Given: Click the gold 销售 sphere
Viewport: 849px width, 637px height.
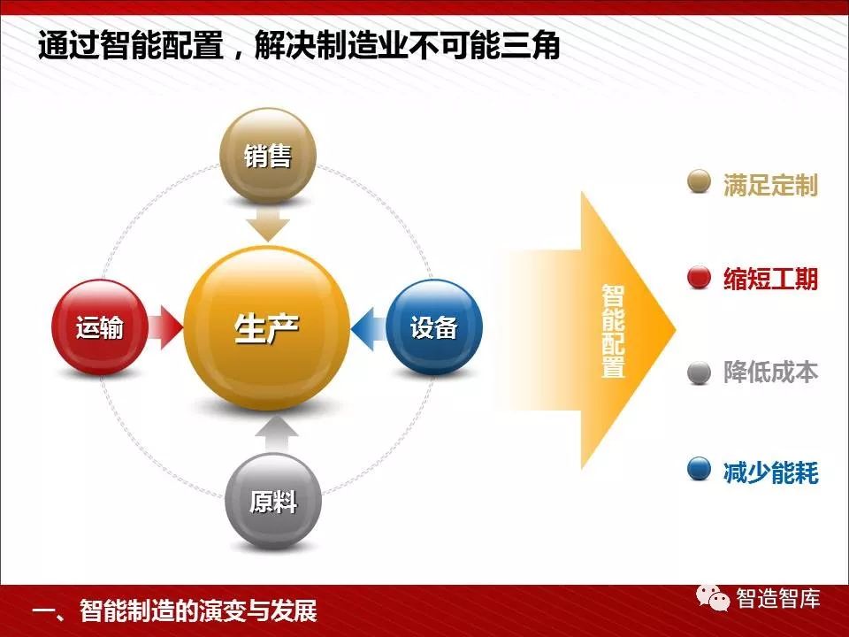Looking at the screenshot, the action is (267, 156).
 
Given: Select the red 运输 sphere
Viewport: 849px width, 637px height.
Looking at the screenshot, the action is (100, 327).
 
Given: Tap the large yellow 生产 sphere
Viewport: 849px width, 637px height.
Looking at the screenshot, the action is (266, 328).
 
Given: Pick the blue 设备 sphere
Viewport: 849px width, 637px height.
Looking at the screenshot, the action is (434, 327).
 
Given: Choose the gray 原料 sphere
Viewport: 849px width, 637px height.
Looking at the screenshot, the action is (273, 501).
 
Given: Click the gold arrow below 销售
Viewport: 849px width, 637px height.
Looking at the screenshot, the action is (268, 224).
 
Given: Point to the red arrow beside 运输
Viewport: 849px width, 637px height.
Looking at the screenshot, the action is (165, 327).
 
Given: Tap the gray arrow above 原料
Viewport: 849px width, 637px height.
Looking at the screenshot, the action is (277, 434).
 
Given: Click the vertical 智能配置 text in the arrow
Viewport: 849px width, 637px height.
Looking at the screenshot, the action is (614, 331).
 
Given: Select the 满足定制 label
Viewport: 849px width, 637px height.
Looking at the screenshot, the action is (770, 185).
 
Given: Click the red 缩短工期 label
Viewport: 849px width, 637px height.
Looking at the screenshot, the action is (770, 279).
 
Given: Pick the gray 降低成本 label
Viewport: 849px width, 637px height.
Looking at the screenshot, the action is (770, 372).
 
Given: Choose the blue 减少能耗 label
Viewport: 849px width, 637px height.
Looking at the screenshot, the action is (770, 472).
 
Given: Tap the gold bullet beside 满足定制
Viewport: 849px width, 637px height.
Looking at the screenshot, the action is (699, 181).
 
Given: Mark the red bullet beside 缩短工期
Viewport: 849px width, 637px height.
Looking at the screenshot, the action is (699, 278).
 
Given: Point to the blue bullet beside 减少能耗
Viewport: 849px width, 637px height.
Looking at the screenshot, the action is (699, 469).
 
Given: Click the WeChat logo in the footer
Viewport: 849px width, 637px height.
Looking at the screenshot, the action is (713, 598).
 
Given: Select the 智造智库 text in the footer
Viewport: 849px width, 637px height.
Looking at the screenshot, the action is (778, 599).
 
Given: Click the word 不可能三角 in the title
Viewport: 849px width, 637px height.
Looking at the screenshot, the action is (484, 45).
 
